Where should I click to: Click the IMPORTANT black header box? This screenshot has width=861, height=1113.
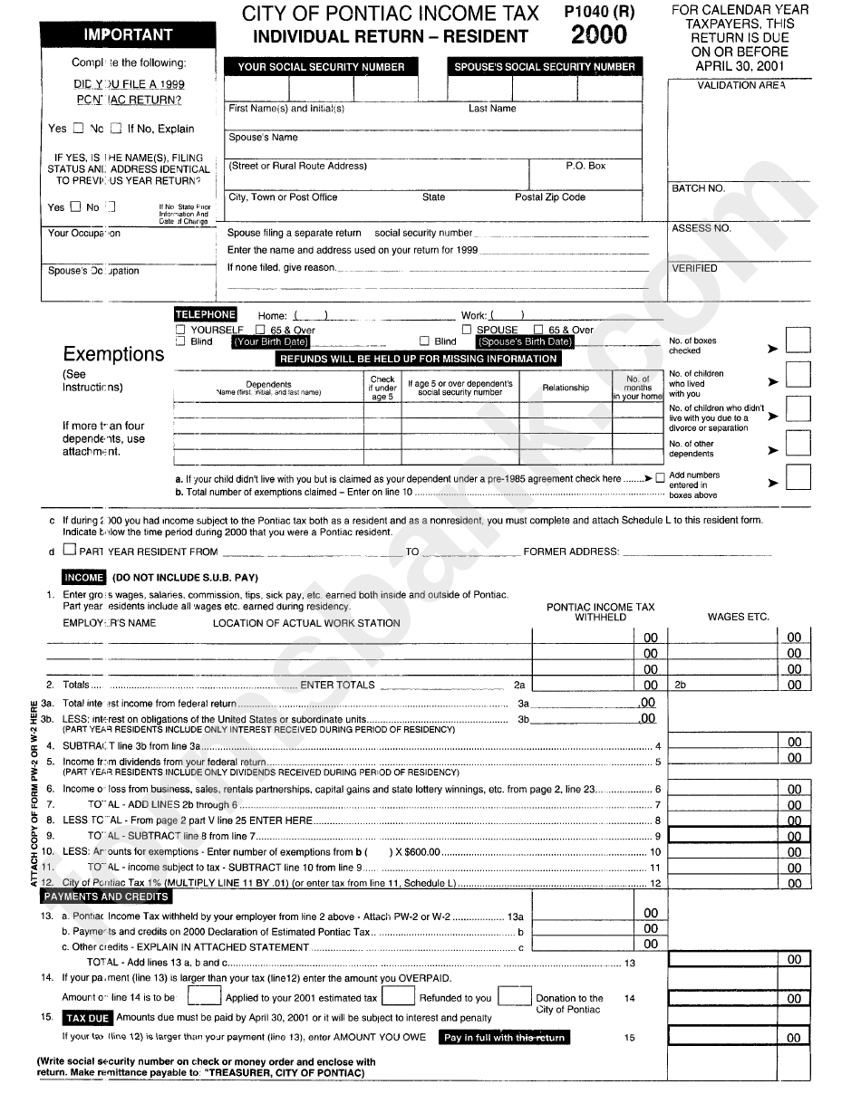(x=129, y=34)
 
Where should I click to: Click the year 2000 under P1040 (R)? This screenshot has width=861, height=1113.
(x=598, y=35)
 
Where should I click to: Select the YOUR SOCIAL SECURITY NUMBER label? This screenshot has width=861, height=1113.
(x=321, y=67)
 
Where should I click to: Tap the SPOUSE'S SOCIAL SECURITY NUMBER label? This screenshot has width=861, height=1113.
(x=544, y=67)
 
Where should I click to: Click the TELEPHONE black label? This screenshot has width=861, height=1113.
(x=205, y=314)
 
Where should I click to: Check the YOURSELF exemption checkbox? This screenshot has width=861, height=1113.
(x=180, y=330)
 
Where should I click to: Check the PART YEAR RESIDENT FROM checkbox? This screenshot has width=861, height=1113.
(x=70, y=550)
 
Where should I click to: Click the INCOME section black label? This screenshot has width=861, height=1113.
(x=84, y=577)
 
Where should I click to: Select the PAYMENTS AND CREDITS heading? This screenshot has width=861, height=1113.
(x=107, y=897)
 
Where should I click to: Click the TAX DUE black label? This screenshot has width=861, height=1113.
(x=88, y=1018)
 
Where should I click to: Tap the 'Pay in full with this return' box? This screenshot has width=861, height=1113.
(x=505, y=1038)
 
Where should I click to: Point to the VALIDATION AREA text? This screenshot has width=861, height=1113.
(x=740, y=85)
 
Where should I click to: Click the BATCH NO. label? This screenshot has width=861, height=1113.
(x=698, y=188)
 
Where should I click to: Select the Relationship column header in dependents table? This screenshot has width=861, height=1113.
(x=566, y=388)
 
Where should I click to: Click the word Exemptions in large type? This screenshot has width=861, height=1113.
(x=113, y=354)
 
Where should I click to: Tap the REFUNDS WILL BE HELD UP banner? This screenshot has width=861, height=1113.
(x=418, y=359)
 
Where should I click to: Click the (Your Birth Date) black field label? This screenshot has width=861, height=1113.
(x=271, y=342)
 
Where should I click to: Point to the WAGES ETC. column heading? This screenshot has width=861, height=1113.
(x=738, y=617)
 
